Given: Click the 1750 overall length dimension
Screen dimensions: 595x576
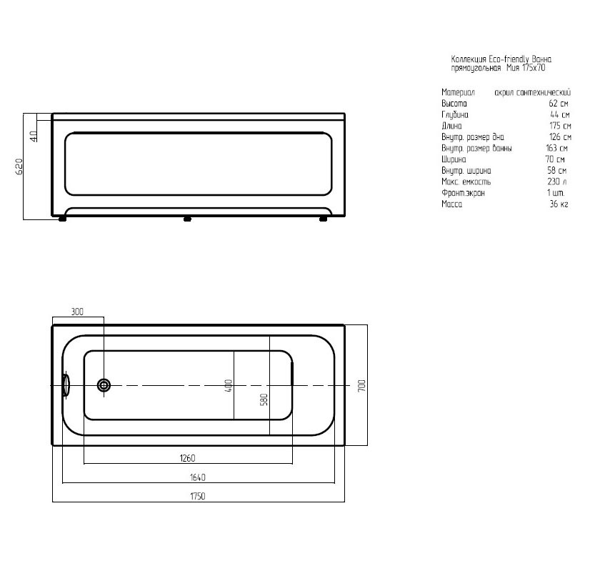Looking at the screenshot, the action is [x=197, y=496].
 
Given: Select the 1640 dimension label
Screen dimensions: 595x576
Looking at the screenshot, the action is [x=197, y=477].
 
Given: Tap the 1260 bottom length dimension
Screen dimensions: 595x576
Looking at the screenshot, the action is [x=187, y=458].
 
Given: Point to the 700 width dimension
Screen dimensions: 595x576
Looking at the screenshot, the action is [x=361, y=385].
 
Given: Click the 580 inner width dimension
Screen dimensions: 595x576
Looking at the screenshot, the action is [x=264, y=399].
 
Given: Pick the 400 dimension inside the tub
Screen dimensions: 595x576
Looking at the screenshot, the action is [x=229, y=385].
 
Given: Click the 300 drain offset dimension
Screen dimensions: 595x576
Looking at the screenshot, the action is [x=77, y=312].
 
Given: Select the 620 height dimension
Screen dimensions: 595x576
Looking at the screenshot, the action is [x=19, y=167].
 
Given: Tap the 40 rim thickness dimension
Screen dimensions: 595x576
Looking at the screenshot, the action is [x=34, y=136].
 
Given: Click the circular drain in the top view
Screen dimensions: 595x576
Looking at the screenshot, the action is [x=104, y=385].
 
